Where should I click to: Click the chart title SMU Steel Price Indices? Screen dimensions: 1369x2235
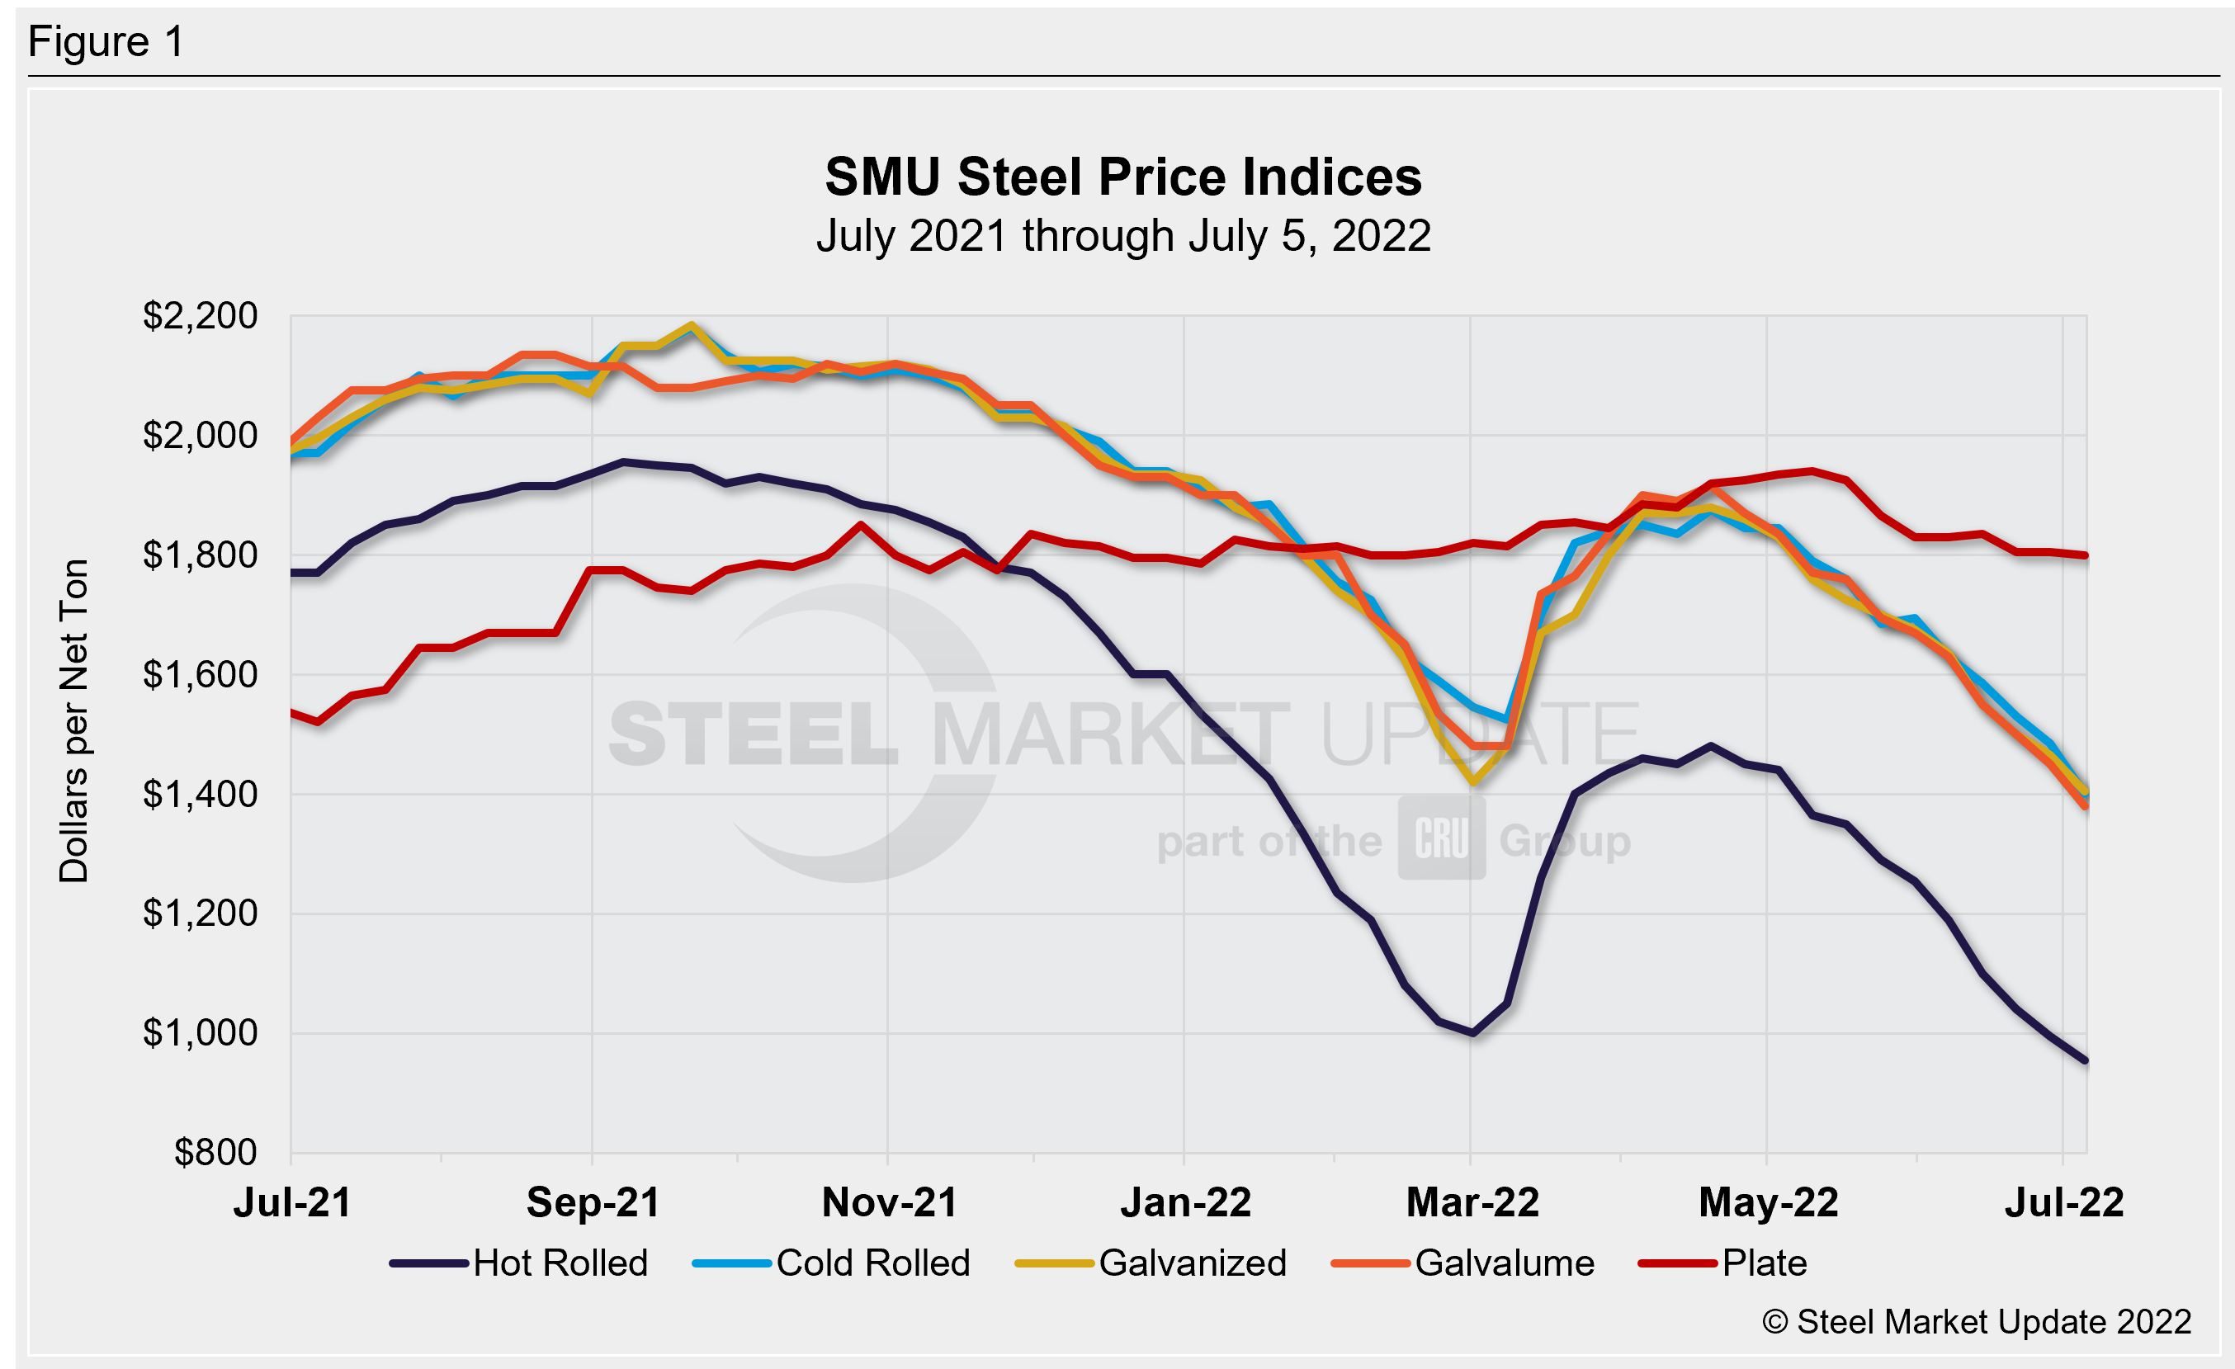1123,177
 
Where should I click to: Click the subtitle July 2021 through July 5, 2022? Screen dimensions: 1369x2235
1123,236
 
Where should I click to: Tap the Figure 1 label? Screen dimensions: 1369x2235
106,42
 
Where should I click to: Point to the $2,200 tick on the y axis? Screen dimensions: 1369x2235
200,315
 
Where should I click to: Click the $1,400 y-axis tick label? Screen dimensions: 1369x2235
200,794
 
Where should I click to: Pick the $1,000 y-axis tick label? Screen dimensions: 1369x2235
200,1032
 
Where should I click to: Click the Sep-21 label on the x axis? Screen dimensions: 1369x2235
593,1203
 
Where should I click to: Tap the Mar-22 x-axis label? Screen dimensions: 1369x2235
1472,1203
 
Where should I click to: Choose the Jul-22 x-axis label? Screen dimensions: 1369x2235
2063,1203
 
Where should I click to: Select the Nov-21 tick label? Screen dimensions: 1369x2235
889,1203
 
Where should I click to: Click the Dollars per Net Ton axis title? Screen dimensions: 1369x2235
73,720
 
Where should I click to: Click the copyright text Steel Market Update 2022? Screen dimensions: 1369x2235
1977,1322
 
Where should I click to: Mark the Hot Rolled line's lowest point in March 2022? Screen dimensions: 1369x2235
1472,1032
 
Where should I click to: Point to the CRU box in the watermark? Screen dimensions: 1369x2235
1440,838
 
